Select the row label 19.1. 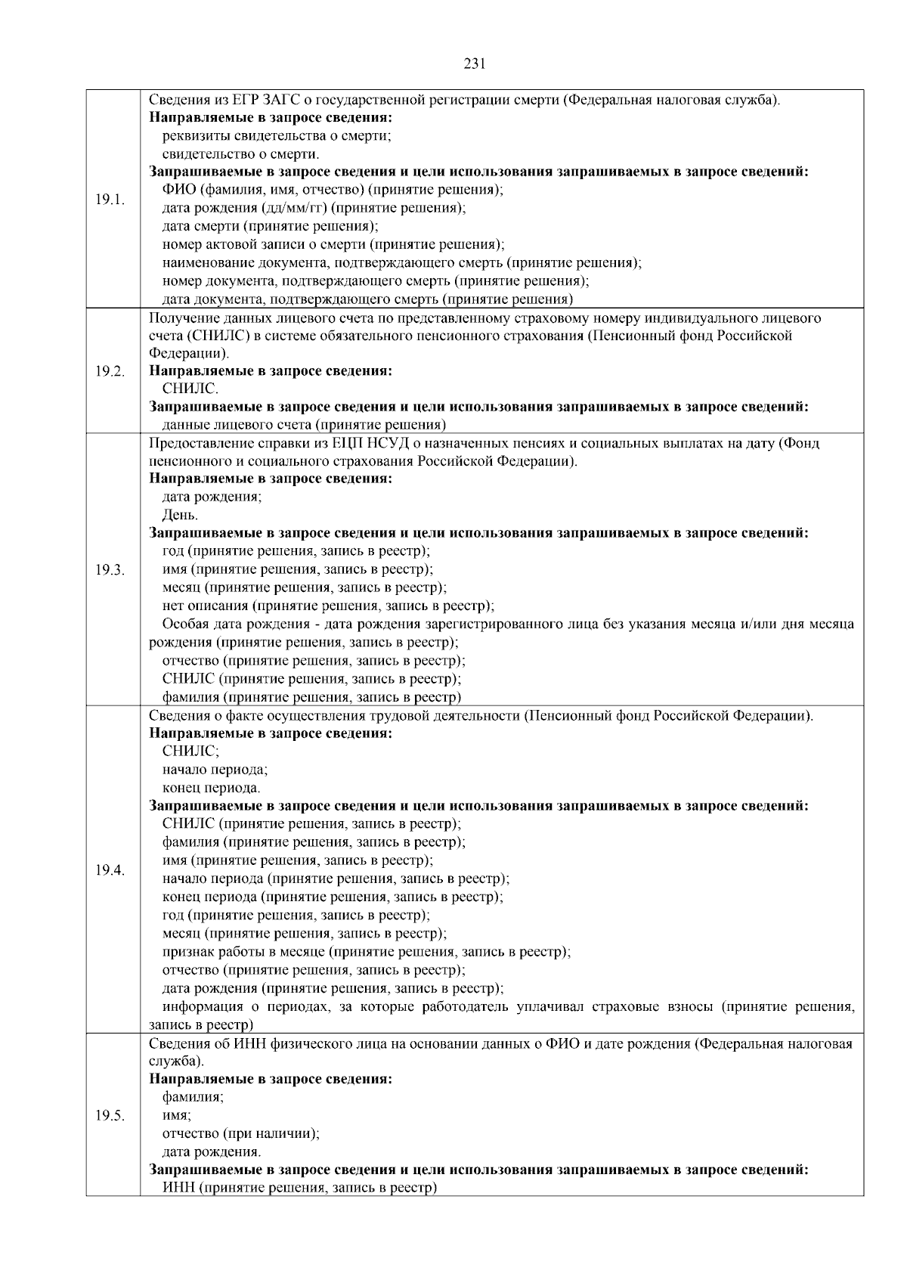[x=110, y=200]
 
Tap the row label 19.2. [x=110, y=371]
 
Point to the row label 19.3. [x=110, y=570]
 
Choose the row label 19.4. [x=110, y=870]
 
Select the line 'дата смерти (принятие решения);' [x=270, y=226]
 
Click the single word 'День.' [x=180, y=516]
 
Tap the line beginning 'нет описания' [x=328, y=606]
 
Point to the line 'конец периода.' [x=211, y=788]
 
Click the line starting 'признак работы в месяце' [x=366, y=952]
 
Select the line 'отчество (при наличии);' [x=240, y=1134]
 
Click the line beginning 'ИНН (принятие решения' [x=300, y=1188]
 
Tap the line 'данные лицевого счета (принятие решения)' [x=304, y=425]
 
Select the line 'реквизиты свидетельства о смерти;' [x=276, y=136]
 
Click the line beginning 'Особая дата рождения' [x=508, y=624]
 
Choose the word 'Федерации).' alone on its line [x=188, y=353]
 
